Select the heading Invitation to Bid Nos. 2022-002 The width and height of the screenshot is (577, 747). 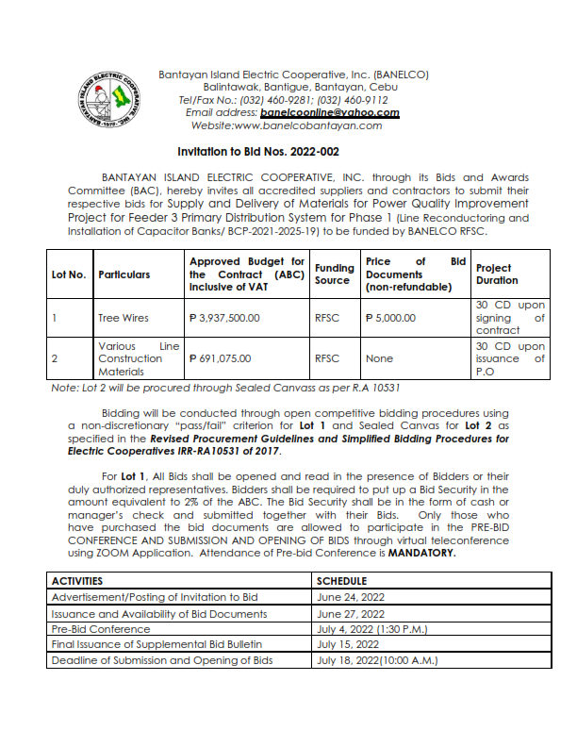click(x=258, y=151)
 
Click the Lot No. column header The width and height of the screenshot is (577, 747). click(x=69, y=274)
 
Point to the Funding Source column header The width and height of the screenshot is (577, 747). click(x=334, y=274)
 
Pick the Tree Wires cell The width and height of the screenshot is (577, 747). click(x=123, y=318)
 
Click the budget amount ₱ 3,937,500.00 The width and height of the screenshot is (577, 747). click(x=224, y=318)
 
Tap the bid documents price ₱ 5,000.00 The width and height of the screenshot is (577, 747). click(x=389, y=318)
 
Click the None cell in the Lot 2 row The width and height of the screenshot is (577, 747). click(x=379, y=358)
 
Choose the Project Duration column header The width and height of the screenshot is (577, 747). click(x=497, y=274)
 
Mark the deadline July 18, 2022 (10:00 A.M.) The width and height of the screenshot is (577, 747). click(x=377, y=660)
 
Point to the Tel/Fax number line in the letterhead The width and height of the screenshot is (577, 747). click(x=283, y=99)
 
